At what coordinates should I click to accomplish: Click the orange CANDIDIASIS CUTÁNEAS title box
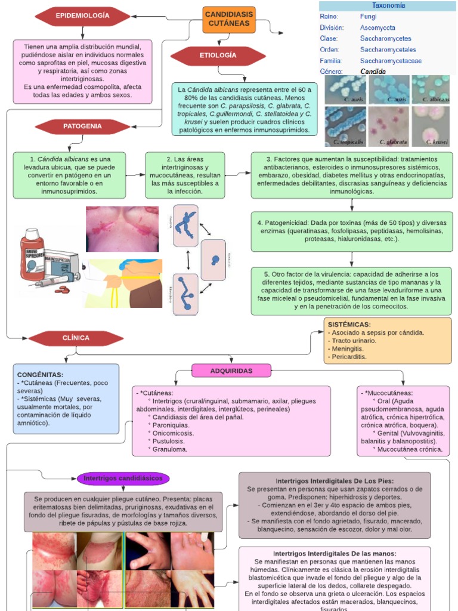click(x=229, y=19)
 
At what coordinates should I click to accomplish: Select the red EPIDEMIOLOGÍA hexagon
click(x=82, y=15)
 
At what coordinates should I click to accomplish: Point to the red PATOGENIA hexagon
click(x=82, y=126)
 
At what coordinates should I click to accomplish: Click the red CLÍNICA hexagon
click(x=76, y=338)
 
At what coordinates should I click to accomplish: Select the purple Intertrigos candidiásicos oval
click(x=123, y=479)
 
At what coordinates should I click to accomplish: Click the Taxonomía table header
click(x=388, y=5)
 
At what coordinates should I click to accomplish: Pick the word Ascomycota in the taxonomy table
click(x=377, y=28)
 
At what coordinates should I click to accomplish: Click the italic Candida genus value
click(x=373, y=72)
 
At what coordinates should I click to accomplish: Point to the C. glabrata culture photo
click(x=389, y=126)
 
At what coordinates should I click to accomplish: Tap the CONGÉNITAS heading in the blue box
click(x=41, y=374)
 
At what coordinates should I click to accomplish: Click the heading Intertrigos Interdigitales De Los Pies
click(x=335, y=481)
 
